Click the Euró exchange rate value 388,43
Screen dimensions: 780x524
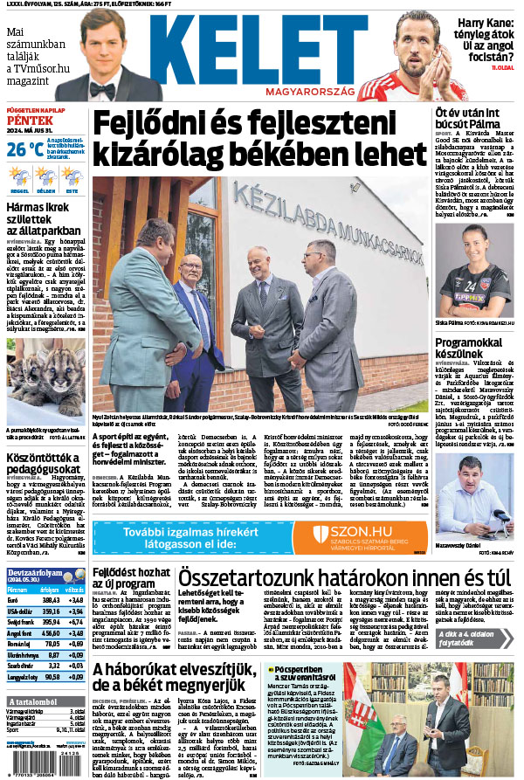pos(49,600)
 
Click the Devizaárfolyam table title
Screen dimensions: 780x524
pos(38,573)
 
